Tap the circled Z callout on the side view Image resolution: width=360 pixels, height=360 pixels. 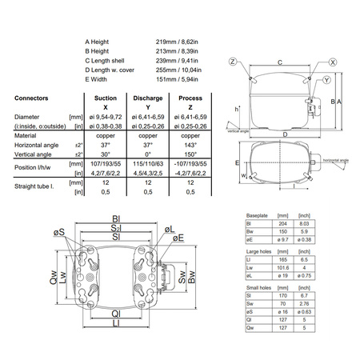point(233,61)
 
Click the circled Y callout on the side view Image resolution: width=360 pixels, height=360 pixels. point(305,82)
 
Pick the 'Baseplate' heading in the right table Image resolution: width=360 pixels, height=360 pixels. point(258,216)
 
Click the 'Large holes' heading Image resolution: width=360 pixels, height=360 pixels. point(259,251)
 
